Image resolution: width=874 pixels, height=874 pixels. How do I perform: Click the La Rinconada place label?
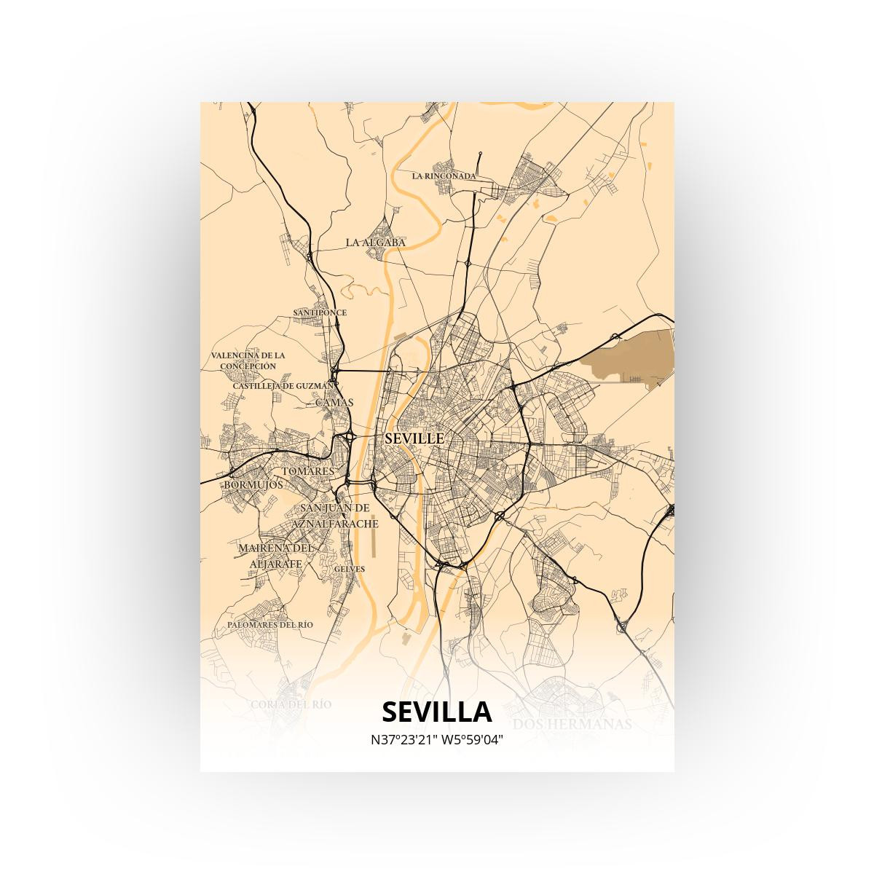coord(444,176)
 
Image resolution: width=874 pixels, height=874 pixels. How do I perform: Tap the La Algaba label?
coord(376,242)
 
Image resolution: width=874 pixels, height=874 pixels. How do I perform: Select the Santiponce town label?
coord(320,312)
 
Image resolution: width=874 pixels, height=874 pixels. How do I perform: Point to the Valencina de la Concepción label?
coord(248,361)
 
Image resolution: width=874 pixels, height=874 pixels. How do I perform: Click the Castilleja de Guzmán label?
coord(283,385)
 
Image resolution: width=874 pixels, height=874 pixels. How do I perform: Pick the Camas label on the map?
coord(334,402)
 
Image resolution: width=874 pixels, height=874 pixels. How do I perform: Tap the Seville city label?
coord(414,438)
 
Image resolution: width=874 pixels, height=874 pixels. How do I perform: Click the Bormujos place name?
coord(253,484)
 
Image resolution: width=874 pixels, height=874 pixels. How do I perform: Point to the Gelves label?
coord(350,569)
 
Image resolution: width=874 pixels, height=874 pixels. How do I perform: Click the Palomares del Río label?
coord(269,625)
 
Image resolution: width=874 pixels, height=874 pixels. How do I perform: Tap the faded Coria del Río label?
coord(291,704)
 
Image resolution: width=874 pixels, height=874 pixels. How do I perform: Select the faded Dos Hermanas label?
coord(572,724)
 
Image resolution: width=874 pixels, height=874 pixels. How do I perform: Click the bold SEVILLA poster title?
coord(436,712)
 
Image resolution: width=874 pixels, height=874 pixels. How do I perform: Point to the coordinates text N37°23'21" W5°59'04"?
coord(437,740)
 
